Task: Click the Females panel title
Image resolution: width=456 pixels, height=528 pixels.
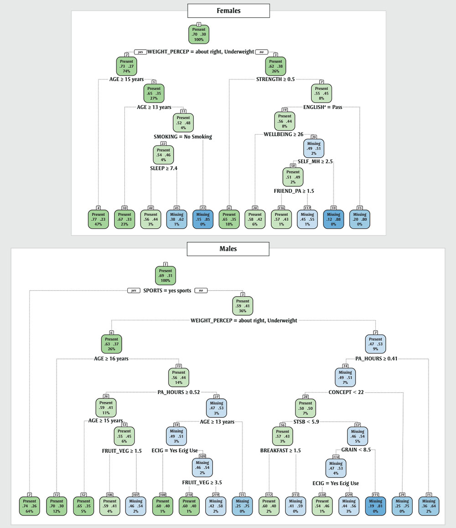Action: tap(228, 10)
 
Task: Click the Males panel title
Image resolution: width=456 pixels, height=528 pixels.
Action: tap(228, 249)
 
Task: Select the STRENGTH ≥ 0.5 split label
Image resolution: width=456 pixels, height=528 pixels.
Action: tap(275, 79)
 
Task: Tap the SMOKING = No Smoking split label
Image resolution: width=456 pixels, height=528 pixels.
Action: tap(183, 137)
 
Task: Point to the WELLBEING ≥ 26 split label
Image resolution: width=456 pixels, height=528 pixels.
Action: tap(283, 134)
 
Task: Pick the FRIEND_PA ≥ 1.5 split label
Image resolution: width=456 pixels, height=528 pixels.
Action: tap(294, 192)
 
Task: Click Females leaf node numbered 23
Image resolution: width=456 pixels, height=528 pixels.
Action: tap(202, 217)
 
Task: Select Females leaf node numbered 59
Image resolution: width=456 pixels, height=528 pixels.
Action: tap(333, 217)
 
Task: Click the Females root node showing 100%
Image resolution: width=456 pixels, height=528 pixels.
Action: tap(199, 34)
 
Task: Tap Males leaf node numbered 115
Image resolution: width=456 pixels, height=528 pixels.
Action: tap(375, 504)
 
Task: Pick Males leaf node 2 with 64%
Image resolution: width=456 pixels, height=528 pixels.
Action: tap(30, 504)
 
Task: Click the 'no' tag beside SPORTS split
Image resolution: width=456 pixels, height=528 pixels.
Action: tap(200, 290)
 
